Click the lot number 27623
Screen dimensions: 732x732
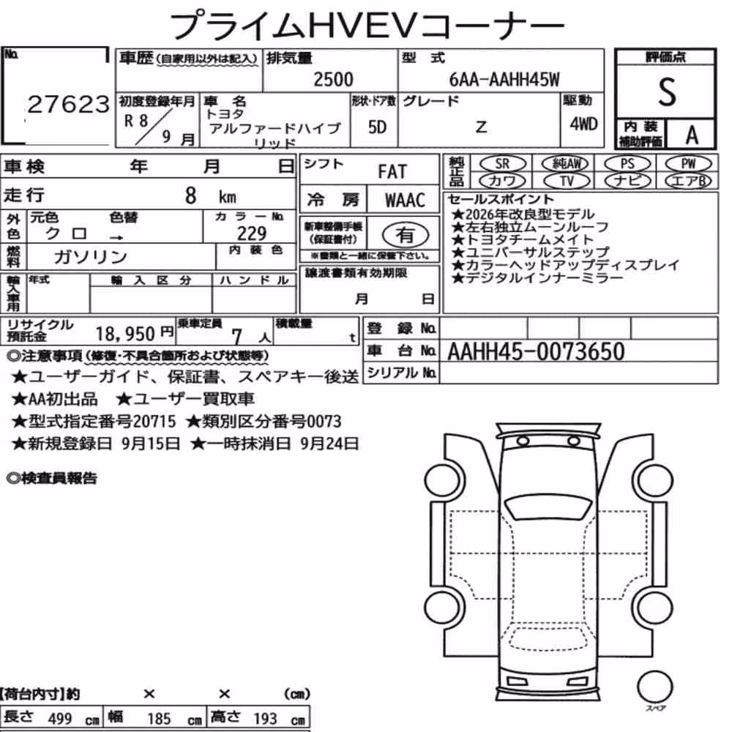[68, 104]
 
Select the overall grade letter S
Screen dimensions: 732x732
[667, 91]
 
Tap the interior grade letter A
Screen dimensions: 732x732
[692, 135]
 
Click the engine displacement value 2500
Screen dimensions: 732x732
[333, 79]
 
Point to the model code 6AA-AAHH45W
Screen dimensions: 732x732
[504, 80]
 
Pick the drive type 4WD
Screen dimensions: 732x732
[583, 124]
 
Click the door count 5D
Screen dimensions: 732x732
[377, 127]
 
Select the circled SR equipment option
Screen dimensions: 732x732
[502, 164]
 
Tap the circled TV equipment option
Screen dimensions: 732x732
[567, 181]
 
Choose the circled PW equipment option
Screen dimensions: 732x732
[688, 164]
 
